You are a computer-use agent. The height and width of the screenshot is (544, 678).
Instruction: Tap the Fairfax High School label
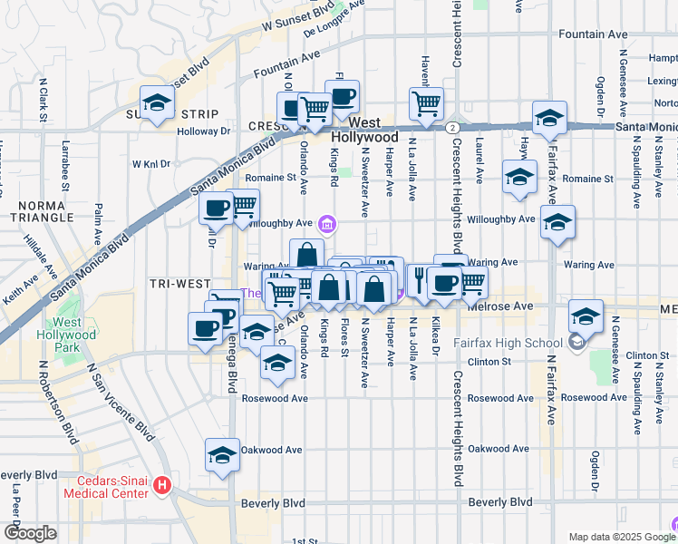[x=517, y=343]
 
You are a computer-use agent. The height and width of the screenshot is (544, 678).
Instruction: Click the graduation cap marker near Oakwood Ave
[x=222, y=457]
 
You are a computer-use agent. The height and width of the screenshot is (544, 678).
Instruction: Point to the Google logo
[x=30, y=533]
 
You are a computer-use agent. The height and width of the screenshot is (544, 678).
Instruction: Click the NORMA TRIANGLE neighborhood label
[x=42, y=209]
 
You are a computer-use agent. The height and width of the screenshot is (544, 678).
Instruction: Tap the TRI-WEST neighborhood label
[x=181, y=284]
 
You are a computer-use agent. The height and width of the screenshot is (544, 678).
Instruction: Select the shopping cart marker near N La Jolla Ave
[x=426, y=102]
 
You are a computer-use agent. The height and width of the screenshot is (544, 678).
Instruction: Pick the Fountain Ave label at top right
[x=594, y=34]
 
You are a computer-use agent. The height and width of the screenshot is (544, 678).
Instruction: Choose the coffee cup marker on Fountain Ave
[x=342, y=97]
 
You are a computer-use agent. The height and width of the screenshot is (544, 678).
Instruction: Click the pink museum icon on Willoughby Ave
[x=327, y=223]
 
